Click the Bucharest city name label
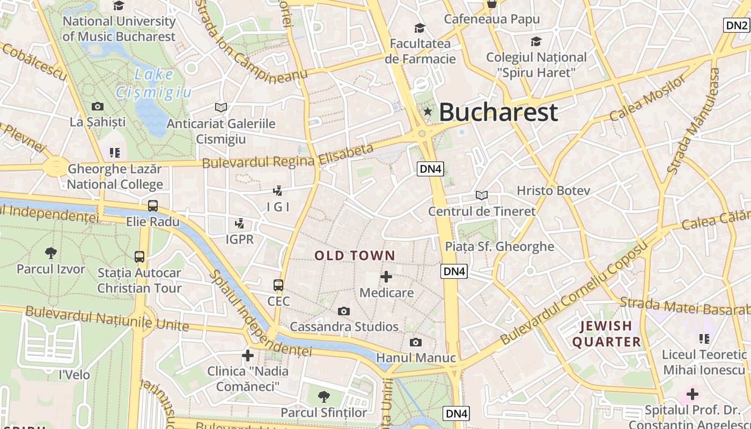pyautogui.click(x=498, y=113)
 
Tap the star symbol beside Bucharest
pyautogui.click(x=428, y=112)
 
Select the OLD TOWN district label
pyautogui.click(x=355, y=256)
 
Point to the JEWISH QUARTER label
pyautogui.click(x=607, y=334)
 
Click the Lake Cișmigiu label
pyautogui.click(x=153, y=83)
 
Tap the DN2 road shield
pyautogui.click(x=737, y=25)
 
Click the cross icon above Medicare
pyautogui.click(x=386, y=277)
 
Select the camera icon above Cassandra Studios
pyautogui.click(x=344, y=311)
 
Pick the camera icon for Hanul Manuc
pyautogui.click(x=415, y=342)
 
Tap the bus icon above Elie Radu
pyautogui.click(x=153, y=205)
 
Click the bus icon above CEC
pyautogui.click(x=278, y=285)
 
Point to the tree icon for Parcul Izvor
pyautogui.click(x=51, y=253)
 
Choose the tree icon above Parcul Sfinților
pyautogui.click(x=323, y=397)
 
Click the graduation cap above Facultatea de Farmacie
pyautogui.click(x=419, y=27)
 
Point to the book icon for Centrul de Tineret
pyautogui.click(x=482, y=195)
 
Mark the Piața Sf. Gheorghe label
pyautogui.click(x=499, y=247)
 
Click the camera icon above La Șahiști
pyautogui.click(x=98, y=106)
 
